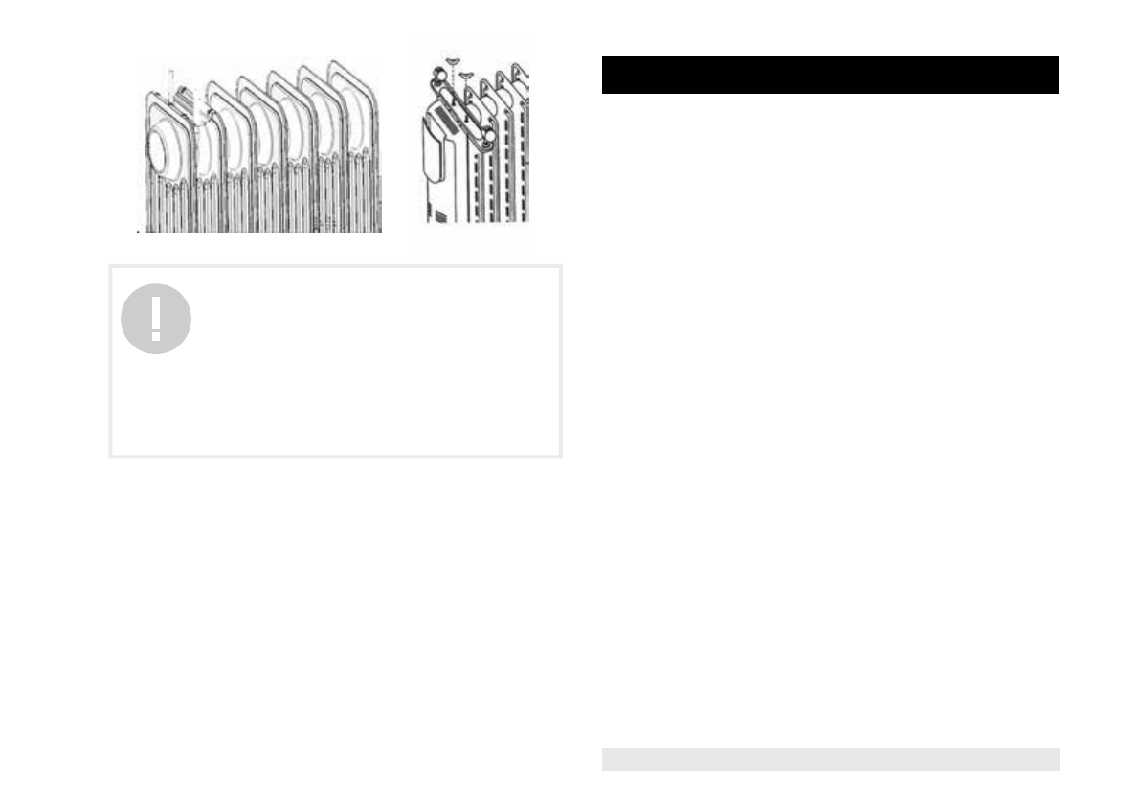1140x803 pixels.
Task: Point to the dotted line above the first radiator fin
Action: tap(169, 81)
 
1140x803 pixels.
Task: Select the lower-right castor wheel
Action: tap(487, 139)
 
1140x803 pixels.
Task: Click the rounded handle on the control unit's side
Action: tap(433, 153)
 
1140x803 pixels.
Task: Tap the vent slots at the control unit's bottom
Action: tap(438, 216)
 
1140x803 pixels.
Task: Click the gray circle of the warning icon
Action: tap(156, 319)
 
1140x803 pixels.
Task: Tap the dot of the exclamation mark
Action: tap(156, 338)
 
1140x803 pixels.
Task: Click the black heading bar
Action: tap(830, 75)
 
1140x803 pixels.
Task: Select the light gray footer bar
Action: tap(830, 759)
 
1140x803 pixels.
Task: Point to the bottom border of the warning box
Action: tap(335, 456)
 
